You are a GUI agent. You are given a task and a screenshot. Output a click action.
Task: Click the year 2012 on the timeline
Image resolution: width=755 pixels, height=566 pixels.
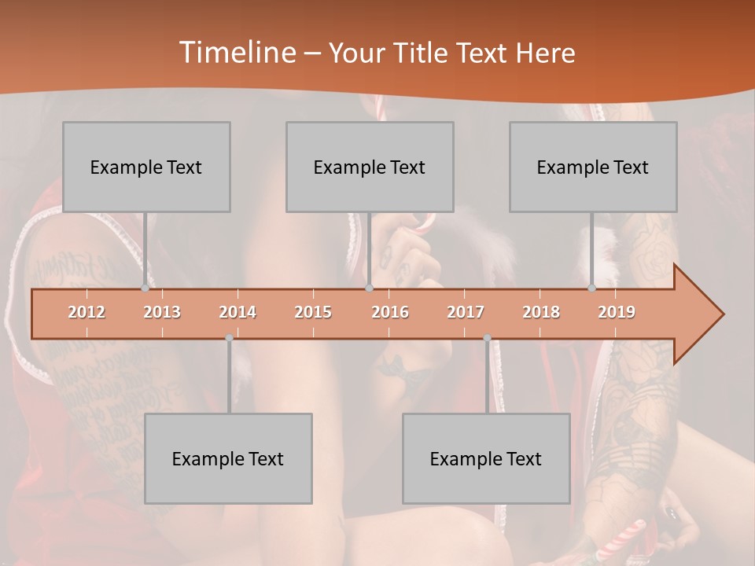point(87,313)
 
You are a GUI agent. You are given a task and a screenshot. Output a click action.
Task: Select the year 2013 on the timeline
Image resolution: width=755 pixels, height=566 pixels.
point(162,313)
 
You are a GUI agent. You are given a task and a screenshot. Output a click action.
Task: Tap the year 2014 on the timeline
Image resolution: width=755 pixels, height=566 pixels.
point(238,313)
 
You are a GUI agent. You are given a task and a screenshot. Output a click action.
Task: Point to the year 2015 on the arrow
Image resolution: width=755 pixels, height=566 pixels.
point(313,313)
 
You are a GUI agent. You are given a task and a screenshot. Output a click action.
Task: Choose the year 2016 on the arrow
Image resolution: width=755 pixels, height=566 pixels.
point(390,313)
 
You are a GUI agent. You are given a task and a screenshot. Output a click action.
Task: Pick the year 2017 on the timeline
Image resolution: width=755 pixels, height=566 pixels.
point(466,313)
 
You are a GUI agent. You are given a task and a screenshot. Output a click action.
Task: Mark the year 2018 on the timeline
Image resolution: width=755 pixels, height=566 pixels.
point(541,313)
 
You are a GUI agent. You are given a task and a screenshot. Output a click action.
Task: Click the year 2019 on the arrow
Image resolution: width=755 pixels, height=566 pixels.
point(617,313)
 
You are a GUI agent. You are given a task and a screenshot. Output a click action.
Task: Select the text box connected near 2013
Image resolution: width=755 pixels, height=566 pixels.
point(146,167)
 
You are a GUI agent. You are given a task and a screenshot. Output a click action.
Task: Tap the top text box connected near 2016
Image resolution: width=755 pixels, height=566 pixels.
point(370,167)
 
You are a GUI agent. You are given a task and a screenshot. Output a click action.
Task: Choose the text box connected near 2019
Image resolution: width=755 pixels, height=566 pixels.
point(593,167)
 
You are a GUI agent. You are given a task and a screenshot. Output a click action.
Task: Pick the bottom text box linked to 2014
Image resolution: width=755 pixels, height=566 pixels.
point(228,458)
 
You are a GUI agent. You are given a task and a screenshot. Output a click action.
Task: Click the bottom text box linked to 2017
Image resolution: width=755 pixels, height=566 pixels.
point(486,458)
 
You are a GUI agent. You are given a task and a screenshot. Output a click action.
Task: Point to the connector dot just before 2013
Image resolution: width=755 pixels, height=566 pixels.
point(145,289)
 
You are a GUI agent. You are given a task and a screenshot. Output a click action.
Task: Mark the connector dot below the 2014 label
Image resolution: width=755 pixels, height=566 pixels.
point(229,338)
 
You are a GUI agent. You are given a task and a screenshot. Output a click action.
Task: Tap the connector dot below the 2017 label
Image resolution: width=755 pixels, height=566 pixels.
point(487,338)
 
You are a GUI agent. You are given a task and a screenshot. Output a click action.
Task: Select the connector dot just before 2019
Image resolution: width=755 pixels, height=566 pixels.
point(591,289)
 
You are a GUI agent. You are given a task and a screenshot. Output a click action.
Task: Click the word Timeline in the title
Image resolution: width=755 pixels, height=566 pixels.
point(236,53)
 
